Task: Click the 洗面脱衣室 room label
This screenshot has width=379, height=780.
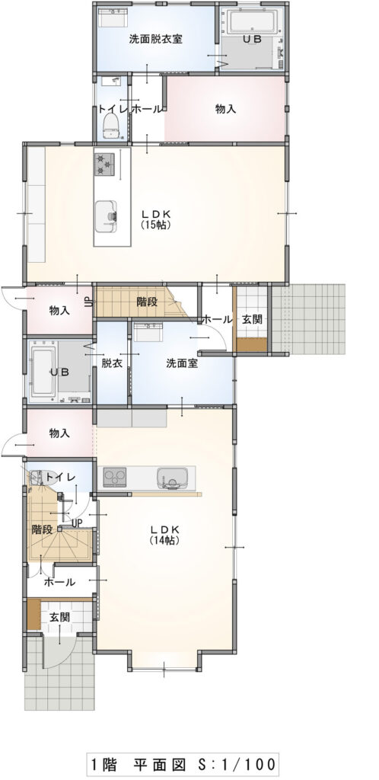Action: [155, 40]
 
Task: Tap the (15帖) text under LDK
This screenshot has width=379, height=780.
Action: [157, 225]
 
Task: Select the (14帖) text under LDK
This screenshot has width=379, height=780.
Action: [164, 540]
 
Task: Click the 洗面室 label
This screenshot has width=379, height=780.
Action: [182, 363]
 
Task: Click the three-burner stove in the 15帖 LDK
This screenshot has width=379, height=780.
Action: [104, 164]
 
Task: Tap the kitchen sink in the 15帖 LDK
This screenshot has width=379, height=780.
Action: [106, 216]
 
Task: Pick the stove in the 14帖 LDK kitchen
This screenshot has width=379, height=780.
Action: [115, 478]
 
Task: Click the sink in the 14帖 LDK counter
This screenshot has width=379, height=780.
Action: [172, 478]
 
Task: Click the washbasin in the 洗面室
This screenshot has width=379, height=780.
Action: [147, 332]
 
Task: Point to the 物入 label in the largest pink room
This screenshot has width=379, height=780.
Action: [225, 109]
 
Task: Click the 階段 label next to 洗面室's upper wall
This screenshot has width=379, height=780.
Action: [147, 301]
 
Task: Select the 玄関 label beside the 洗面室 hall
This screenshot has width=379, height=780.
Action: [251, 319]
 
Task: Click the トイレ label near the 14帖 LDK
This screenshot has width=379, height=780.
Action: [60, 478]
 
